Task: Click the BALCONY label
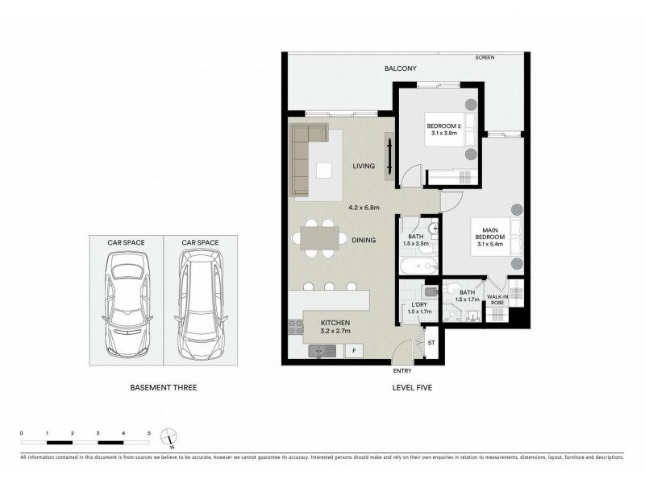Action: (400, 69)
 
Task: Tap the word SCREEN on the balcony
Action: (485, 57)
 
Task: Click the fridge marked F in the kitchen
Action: (353, 351)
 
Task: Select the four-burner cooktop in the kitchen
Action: (293, 328)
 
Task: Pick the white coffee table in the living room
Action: (324, 171)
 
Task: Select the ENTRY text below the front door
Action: (402, 371)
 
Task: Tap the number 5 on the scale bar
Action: (149, 433)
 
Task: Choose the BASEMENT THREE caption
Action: (164, 388)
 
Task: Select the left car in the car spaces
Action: (127, 302)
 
